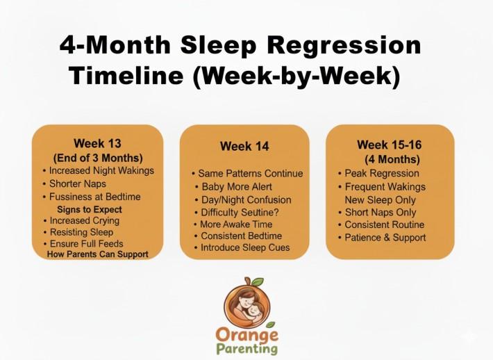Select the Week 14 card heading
click(244, 146)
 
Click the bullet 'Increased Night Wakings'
click(98, 170)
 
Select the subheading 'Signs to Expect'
click(89, 209)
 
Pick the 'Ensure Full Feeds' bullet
click(86, 244)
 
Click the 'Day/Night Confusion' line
click(246, 199)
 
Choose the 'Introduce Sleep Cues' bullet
click(245, 248)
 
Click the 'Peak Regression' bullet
click(382, 173)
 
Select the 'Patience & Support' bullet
click(385, 238)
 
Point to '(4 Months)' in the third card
click(388, 158)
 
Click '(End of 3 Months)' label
click(98, 157)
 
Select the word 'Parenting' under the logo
click(246, 348)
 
